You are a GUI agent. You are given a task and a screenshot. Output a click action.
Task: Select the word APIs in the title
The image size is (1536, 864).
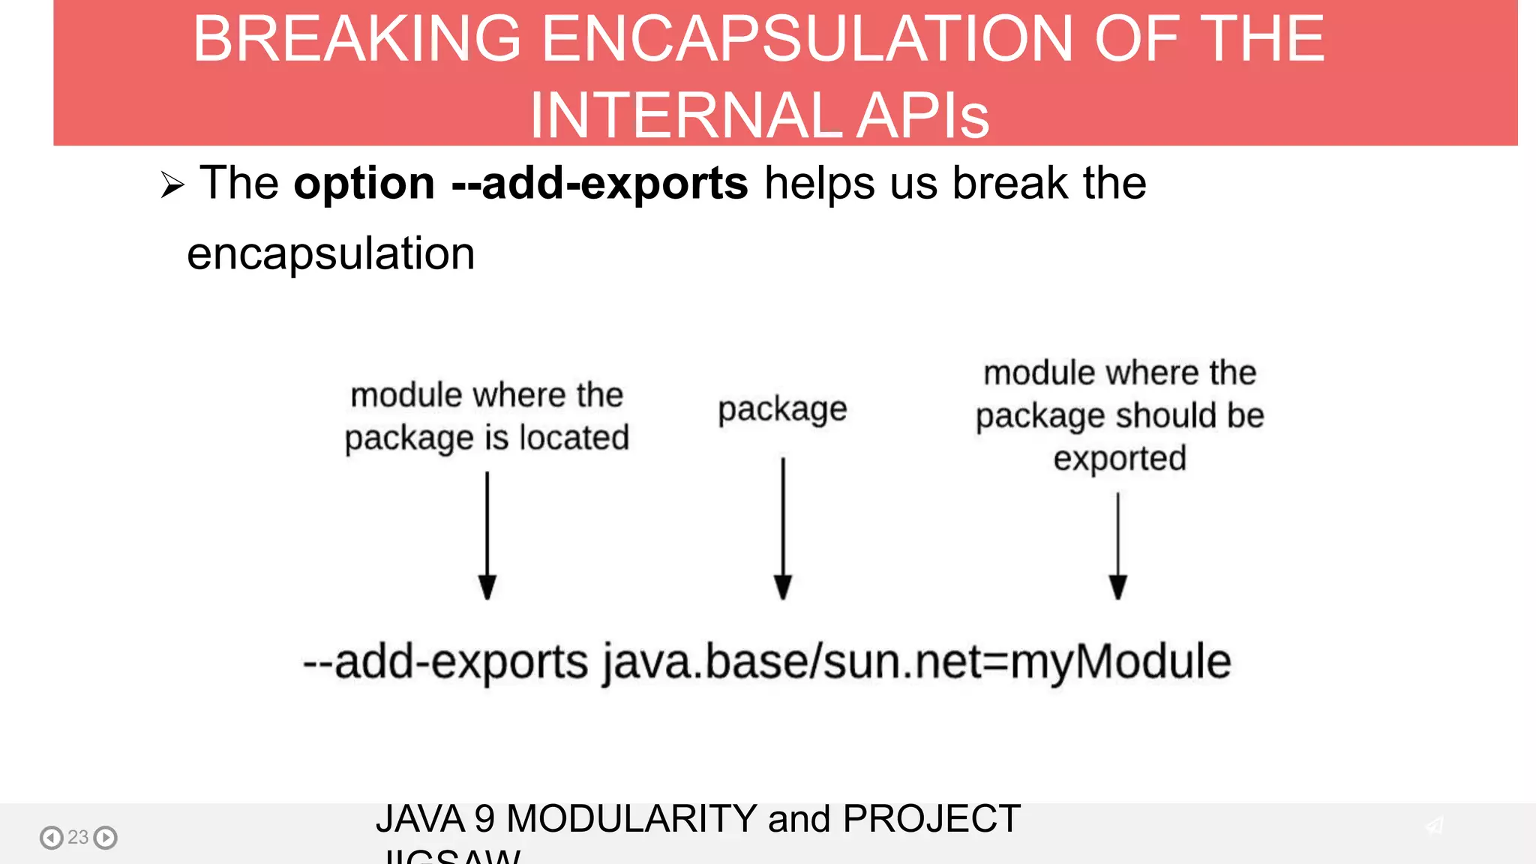(922, 115)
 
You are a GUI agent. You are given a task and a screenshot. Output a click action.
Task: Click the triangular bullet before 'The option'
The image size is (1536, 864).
(172, 184)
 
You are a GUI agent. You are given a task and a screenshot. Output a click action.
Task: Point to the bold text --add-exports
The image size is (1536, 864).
(599, 183)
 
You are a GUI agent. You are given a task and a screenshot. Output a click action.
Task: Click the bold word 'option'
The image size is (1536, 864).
(364, 184)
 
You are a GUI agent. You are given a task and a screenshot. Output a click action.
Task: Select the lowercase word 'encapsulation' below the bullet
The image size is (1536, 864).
(331, 253)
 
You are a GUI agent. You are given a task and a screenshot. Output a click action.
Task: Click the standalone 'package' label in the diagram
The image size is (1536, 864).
(782, 410)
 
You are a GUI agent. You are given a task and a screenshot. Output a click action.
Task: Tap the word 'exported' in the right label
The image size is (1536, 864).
(1119, 459)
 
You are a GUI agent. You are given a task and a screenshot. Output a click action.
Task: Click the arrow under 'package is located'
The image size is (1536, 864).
(487, 535)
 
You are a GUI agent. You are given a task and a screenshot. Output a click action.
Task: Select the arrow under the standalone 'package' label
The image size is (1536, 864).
(783, 528)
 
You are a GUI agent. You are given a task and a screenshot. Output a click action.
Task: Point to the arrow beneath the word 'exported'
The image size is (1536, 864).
(1117, 545)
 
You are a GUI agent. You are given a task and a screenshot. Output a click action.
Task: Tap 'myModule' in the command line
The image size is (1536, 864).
(1120, 662)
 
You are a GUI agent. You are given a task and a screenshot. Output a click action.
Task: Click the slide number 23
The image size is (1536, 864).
(78, 837)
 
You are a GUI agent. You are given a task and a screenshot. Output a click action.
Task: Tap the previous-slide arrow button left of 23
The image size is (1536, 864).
(51, 837)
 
